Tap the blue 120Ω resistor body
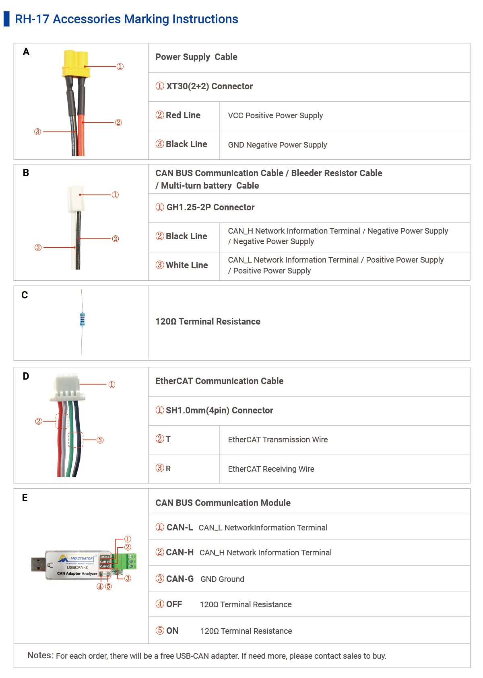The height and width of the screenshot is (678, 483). tap(83, 319)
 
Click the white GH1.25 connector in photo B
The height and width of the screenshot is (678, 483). tap(76, 199)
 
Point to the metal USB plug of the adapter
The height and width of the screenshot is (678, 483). tap(38, 564)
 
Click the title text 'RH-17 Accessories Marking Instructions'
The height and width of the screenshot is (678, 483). tap(126, 19)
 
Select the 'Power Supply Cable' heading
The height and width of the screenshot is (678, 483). tap(196, 57)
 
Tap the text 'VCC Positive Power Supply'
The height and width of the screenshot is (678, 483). tap(275, 116)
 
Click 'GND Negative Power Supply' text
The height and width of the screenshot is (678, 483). tap(277, 145)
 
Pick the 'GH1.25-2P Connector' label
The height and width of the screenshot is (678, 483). tap(210, 208)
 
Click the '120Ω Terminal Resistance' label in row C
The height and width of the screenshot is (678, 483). tap(208, 322)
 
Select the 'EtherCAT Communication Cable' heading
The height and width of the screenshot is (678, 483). tap(219, 381)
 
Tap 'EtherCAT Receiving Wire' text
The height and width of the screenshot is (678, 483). tap(271, 469)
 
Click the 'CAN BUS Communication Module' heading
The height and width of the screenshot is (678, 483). tap(223, 503)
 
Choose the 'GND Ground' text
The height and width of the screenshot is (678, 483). tap(222, 579)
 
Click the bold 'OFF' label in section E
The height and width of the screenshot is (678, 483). tap(174, 604)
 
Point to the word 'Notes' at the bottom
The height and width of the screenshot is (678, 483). tap(40, 655)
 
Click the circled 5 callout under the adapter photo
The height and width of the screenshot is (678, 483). tap(109, 587)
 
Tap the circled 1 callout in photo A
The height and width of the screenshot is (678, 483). tap(120, 67)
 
